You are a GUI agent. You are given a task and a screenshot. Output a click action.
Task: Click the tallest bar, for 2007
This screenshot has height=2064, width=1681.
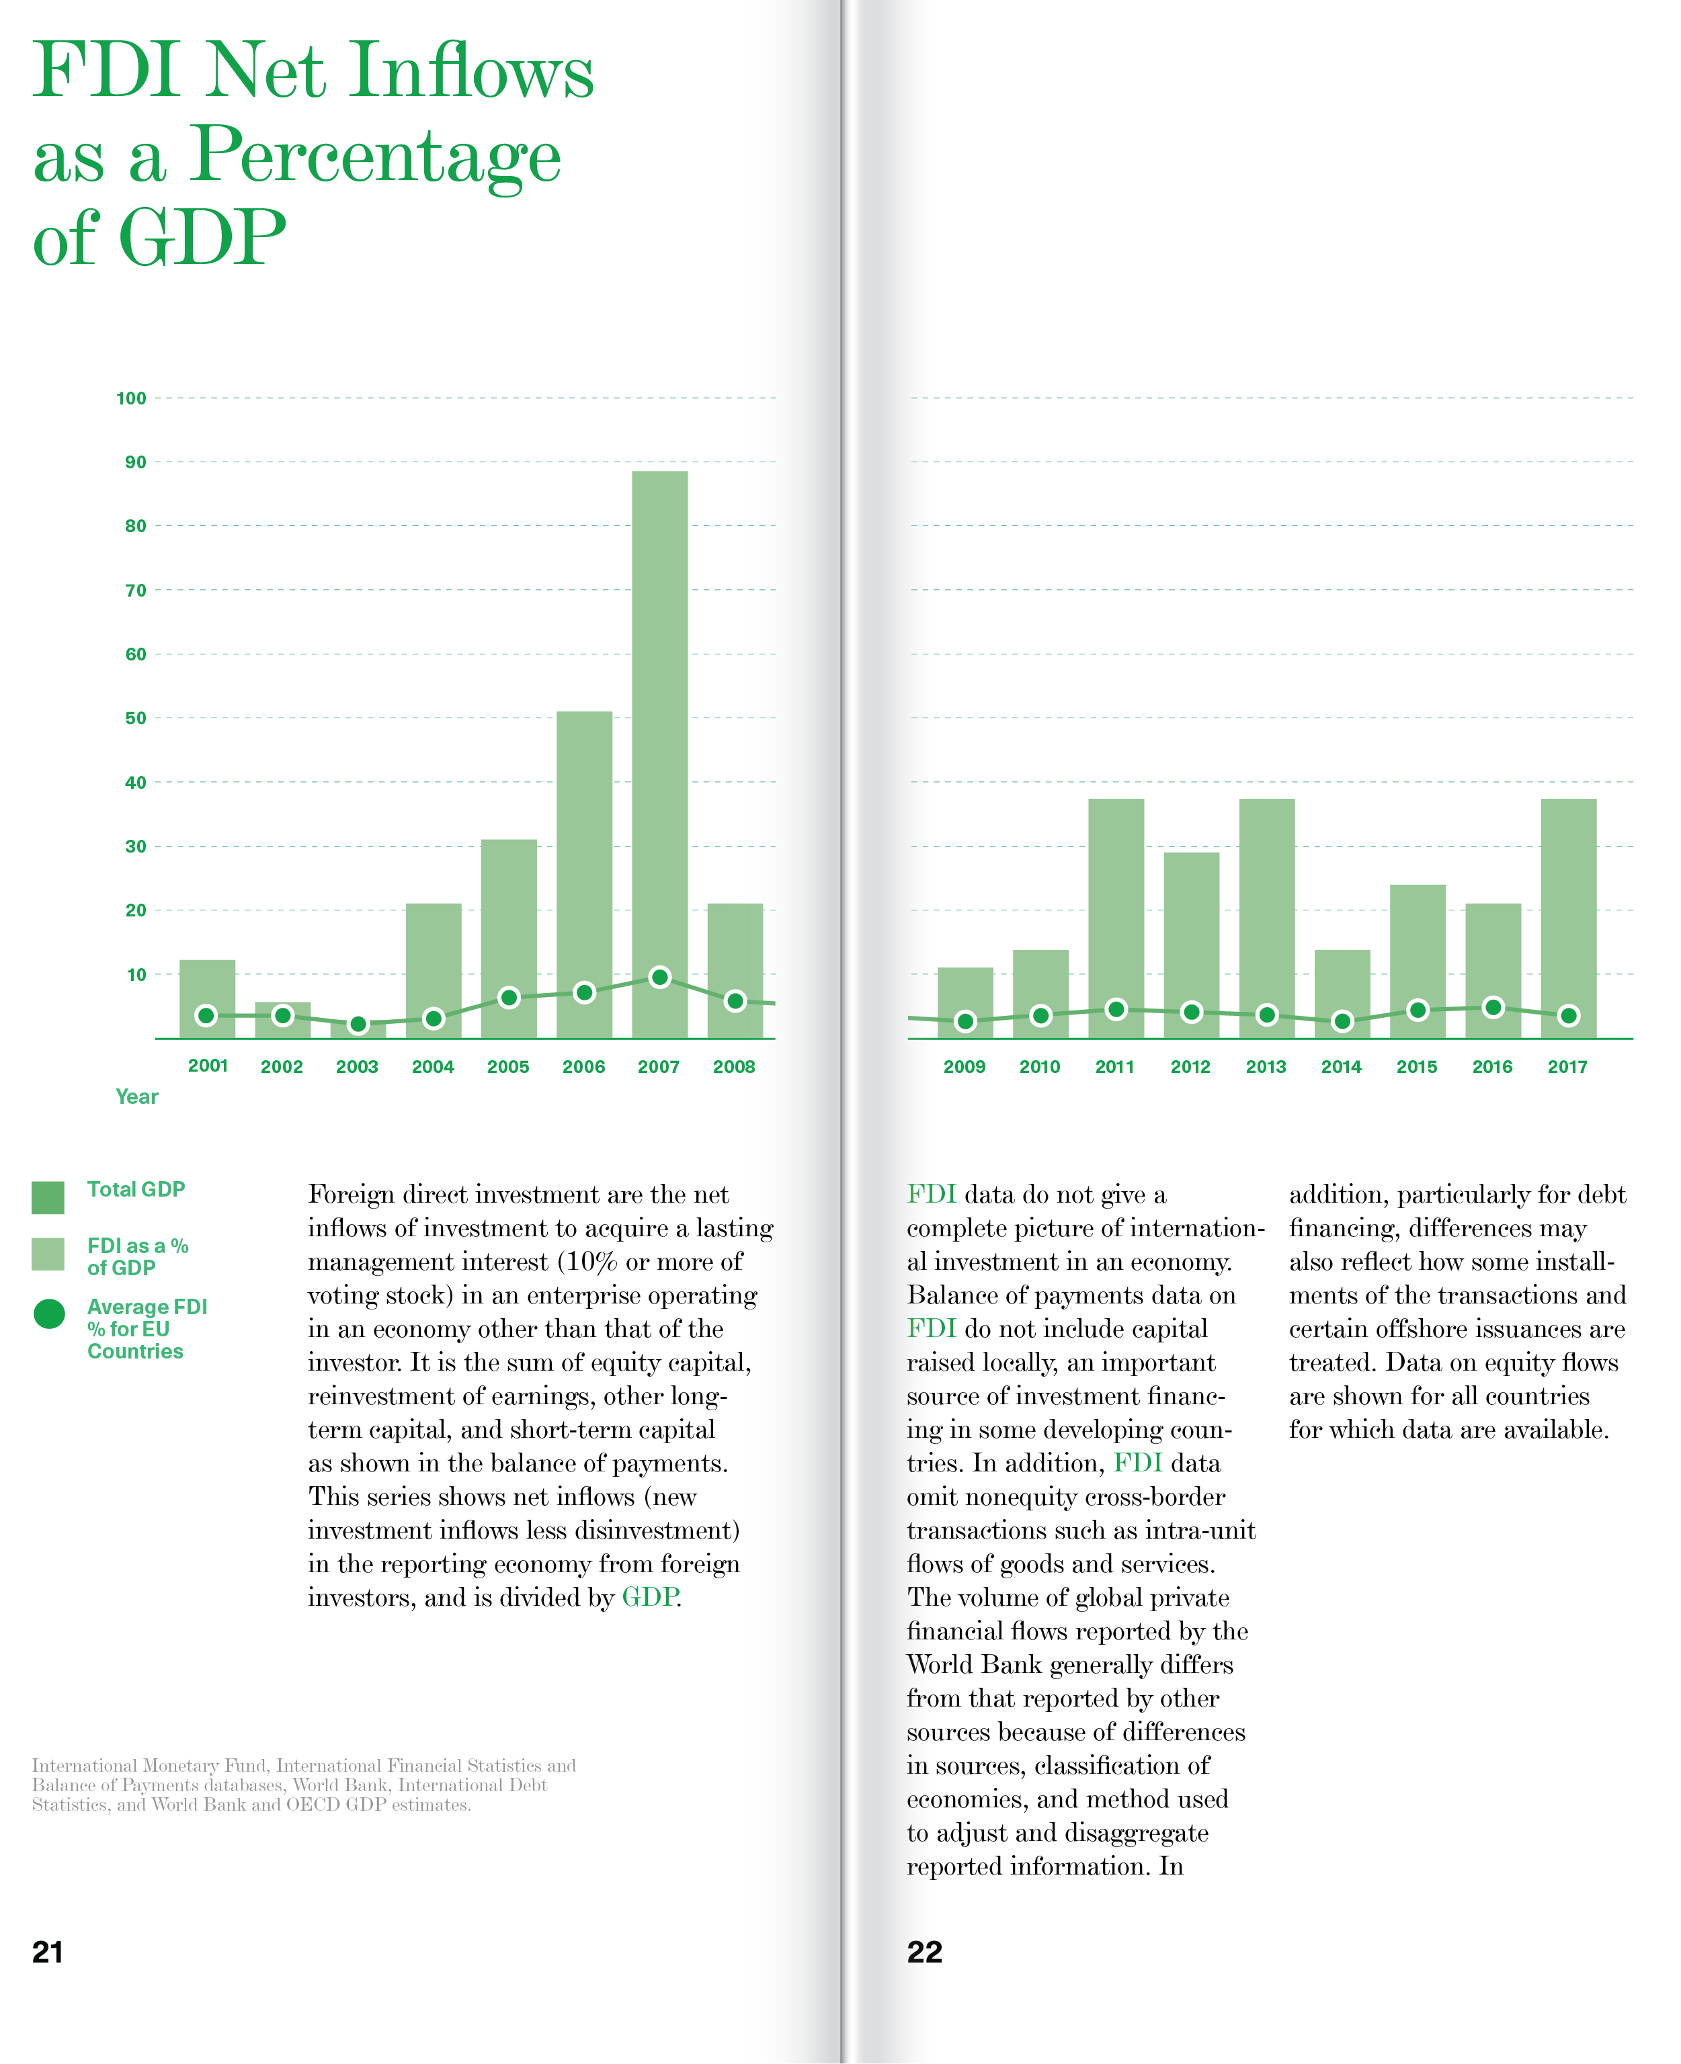pyautogui.click(x=659, y=736)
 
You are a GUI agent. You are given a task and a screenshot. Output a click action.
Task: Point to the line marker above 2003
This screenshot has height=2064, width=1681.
pyautogui.click(x=358, y=1024)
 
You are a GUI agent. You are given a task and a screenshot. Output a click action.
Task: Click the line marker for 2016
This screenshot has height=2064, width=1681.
pyautogui.click(x=1493, y=1008)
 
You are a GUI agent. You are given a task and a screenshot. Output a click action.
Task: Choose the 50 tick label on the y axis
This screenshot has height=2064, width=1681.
pyautogui.click(x=136, y=718)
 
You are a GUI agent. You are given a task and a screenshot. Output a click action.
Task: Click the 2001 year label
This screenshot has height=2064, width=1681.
pyautogui.click(x=207, y=1066)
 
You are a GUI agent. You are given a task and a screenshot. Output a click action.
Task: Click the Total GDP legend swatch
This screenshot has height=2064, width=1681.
pyautogui.click(x=48, y=1197)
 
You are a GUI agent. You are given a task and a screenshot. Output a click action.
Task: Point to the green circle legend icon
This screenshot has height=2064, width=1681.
pyautogui.click(x=48, y=1314)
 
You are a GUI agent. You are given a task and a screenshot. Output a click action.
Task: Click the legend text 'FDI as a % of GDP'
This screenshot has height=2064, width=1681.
pyautogui.click(x=136, y=1256)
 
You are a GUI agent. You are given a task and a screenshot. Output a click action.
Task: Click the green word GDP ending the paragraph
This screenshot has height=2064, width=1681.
pyautogui.click(x=649, y=1597)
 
